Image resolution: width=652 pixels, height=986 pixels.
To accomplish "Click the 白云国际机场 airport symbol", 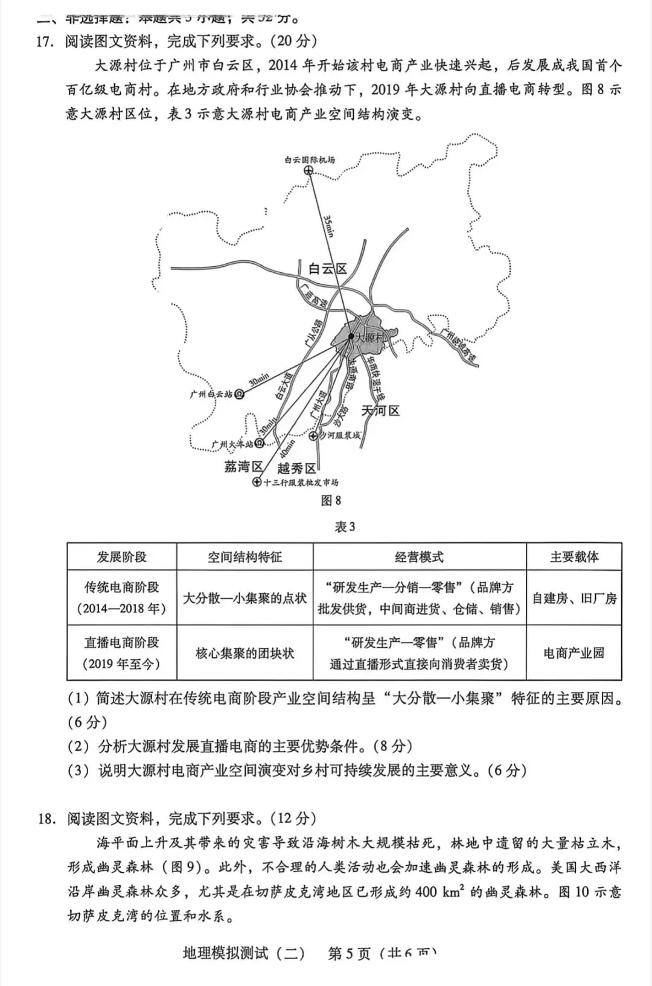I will coord(309,172).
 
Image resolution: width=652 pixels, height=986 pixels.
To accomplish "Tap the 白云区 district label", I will coord(328,269).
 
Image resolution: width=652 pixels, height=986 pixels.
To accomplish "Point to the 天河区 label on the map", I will coord(380,411).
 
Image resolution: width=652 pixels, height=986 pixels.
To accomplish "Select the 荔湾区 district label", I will coord(243,466).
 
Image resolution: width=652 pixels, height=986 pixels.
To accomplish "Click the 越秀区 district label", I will coord(296,469).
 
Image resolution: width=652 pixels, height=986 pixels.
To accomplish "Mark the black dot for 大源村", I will coord(351,336).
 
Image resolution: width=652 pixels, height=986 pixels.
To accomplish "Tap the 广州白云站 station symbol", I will coord(240,394).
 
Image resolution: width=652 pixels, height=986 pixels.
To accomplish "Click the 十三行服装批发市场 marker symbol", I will coord(257,482).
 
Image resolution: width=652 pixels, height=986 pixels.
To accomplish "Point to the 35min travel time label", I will coord(329,225).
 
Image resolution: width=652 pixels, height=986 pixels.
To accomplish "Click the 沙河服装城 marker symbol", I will coord(313,435).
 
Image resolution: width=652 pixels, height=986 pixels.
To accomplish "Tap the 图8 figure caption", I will coord(331,501).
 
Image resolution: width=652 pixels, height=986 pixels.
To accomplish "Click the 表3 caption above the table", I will coord(345,527).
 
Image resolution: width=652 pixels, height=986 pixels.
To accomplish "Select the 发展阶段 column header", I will coord(121,557).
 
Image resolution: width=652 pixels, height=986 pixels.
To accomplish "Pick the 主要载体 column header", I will coord(574,557).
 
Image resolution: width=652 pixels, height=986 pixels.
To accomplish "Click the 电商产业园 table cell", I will coord(574,653).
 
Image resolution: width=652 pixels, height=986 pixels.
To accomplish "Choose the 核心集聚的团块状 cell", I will coord(245,653).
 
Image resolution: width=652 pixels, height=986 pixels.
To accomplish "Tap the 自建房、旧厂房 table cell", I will coord(574,598).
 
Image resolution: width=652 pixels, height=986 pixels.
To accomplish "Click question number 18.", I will coord(47,819).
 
